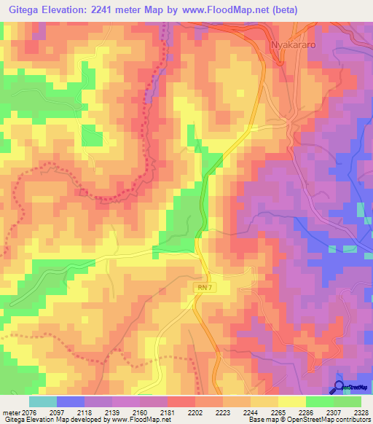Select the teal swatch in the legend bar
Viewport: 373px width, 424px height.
43,401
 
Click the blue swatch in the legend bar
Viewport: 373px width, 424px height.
71,401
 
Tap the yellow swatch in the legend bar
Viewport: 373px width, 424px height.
291,401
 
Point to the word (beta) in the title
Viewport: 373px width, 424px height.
281,9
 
